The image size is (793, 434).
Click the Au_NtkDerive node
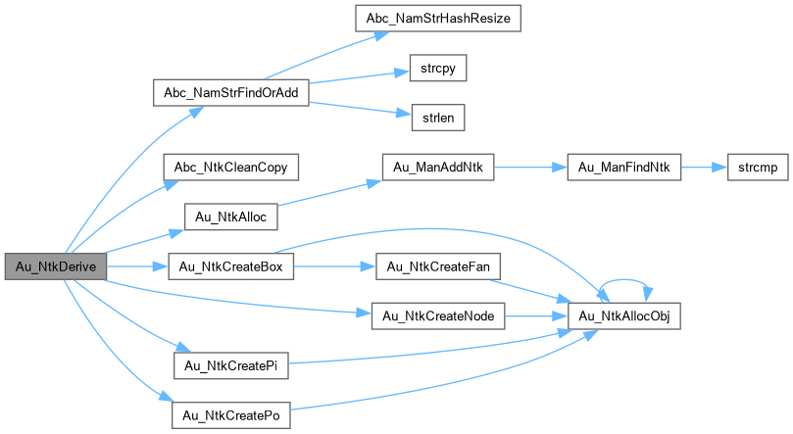(54, 266)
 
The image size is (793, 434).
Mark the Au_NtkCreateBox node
(231, 266)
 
